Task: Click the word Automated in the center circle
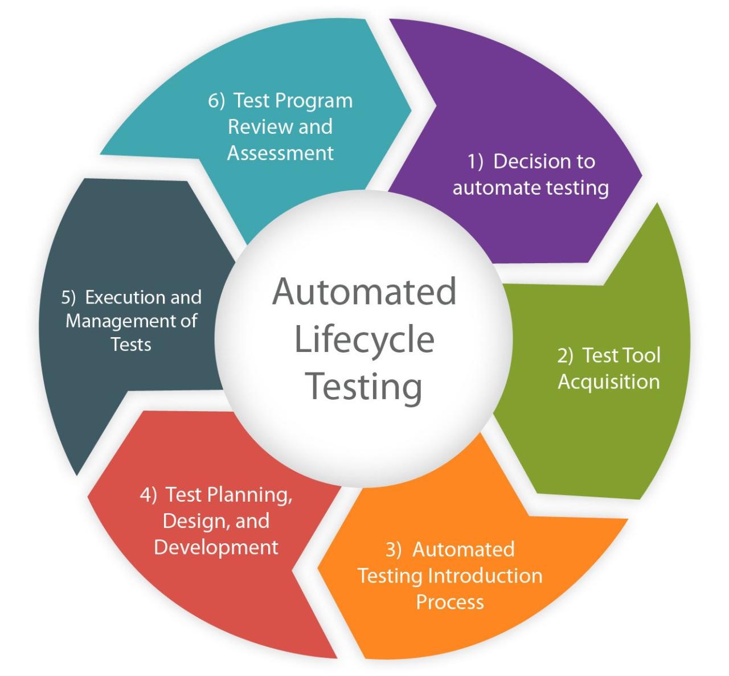click(364, 292)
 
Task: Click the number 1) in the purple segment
click(476, 162)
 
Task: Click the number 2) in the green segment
click(565, 355)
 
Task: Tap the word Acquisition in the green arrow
click(608, 382)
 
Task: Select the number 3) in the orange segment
click(394, 550)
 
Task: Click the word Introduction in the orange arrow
click(485, 576)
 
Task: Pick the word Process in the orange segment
click(450, 602)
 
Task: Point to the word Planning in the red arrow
click(249, 495)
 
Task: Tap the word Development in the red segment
click(216, 547)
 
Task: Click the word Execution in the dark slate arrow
click(121, 297)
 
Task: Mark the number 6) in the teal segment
click(216, 101)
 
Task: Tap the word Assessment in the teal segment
click(280, 153)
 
